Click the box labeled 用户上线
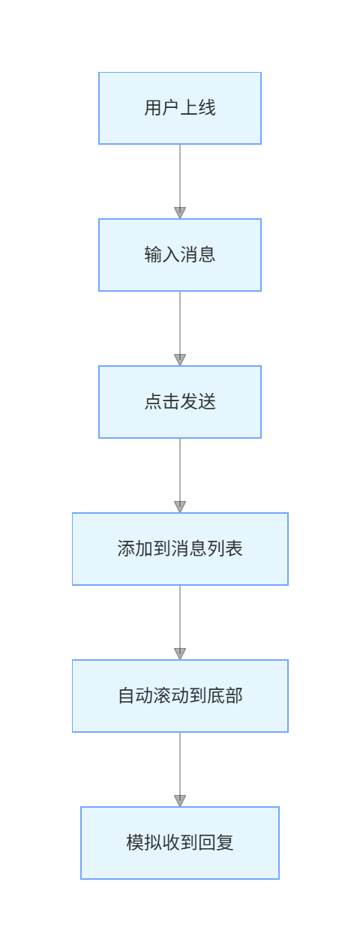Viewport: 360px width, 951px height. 180,108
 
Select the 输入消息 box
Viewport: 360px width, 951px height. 180,255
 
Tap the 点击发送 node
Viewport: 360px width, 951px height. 180,402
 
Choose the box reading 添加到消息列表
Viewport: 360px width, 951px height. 180,549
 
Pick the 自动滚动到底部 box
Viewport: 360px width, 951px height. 180,696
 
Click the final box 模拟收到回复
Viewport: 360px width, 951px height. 180,843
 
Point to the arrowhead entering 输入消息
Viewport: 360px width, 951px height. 180,213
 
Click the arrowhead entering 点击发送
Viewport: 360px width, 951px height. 180,360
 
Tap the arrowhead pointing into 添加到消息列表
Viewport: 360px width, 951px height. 180,507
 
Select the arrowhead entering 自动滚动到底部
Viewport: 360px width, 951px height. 180,654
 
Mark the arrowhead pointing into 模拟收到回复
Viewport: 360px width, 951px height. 180,801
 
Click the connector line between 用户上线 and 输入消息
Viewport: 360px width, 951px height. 180,175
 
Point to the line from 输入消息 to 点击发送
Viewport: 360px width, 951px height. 180,322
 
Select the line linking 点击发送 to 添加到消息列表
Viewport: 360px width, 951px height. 180,469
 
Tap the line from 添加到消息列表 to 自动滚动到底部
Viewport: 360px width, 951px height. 180,616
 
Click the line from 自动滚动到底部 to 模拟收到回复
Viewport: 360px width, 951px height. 180,763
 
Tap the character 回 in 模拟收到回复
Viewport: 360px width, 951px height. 207,843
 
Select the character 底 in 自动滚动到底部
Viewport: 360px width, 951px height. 216,696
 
